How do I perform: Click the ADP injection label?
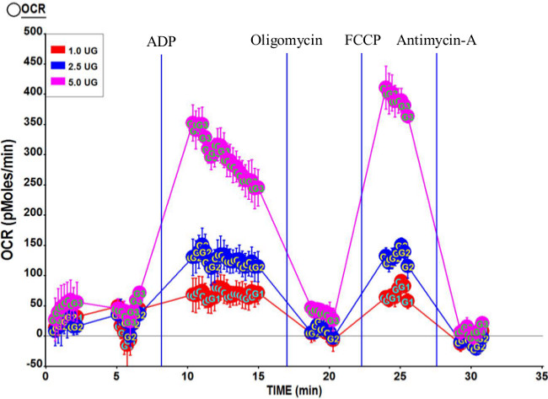[161, 41]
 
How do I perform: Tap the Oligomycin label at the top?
[286, 41]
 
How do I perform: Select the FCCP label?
[364, 41]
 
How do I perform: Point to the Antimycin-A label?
[435, 41]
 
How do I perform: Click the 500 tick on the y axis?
[31, 32]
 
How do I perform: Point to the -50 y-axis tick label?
[31, 364]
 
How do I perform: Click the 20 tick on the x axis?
[329, 376]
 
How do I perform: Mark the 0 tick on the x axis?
[46, 376]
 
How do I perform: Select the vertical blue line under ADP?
[161, 211]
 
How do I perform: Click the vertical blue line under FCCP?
[362, 211]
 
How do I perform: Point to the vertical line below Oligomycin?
[287, 211]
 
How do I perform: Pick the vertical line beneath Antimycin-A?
[437, 211]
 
